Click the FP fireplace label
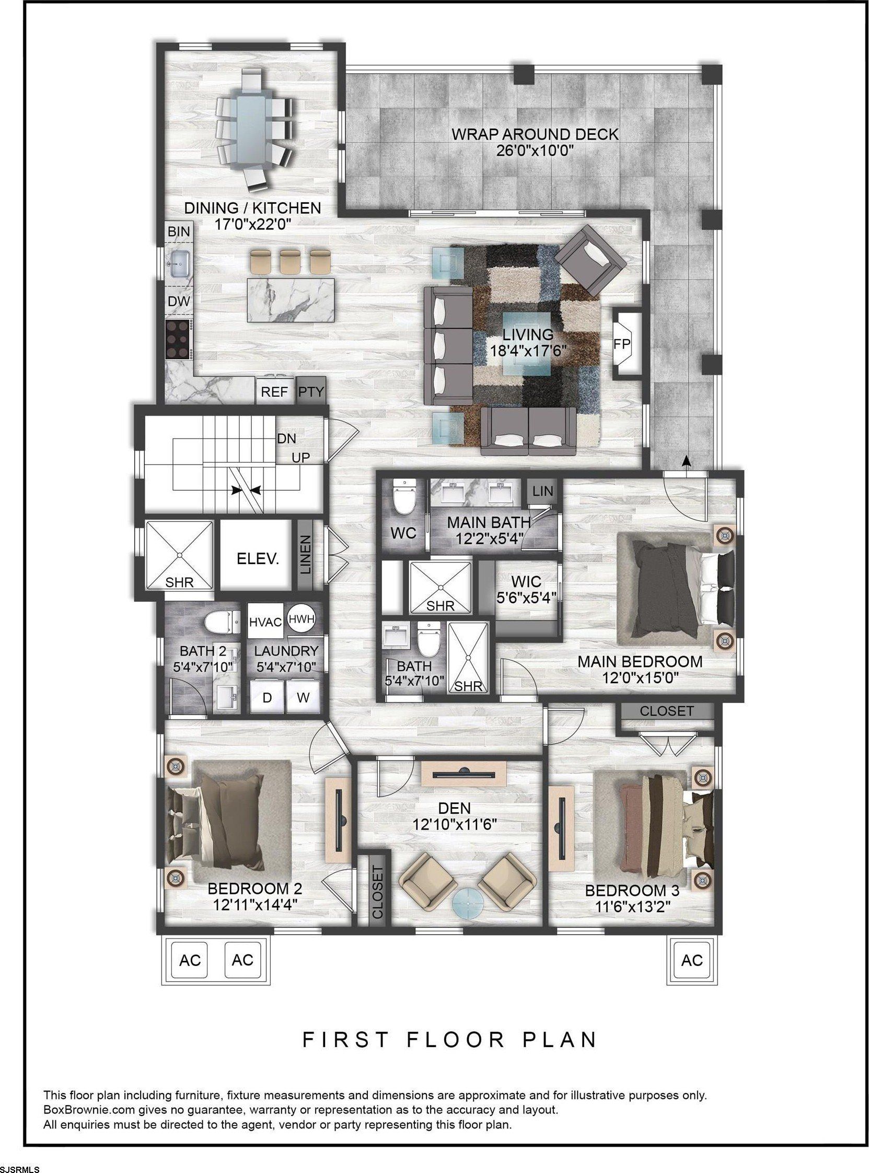(x=622, y=343)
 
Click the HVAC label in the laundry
(x=265, y=622)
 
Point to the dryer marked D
(x=267, y=698)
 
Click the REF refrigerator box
(x=274, y=392)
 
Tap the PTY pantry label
(x=311, y=392)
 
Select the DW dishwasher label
(x=178, y=301)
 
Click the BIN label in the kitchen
(x=178, y=231)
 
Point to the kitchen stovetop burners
(x=178, y=340)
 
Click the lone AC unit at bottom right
(x=692, y=960)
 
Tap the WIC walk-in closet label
(x=526, y=581)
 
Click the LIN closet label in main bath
(x=542, y=490)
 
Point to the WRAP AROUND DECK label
(x=535, y=134)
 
